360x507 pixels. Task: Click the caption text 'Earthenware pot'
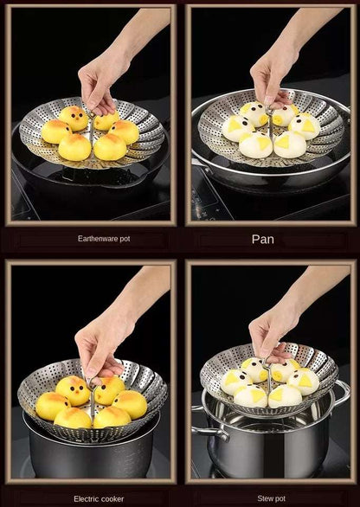point(104,239)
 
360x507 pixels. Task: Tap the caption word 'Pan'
point(262,240)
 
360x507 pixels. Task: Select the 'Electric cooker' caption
point(99,499)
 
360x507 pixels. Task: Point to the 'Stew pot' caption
point(272,498)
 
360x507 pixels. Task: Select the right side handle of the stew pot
point(342,393)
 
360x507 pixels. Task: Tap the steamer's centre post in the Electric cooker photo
point(93,402)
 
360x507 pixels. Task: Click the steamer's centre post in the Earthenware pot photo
point(92,132)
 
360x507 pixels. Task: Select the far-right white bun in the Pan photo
point(305,126)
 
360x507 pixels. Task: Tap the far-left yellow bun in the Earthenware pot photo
point(55,132)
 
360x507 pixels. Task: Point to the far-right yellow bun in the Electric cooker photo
point(130,404)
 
